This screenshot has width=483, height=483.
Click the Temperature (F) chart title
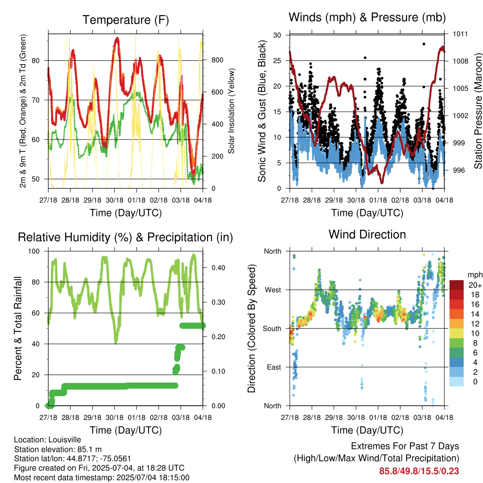(x=125, y=20)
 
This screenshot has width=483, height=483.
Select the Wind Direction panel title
(x=367, y=234)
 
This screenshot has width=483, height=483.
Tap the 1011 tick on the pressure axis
(x=460, y=34)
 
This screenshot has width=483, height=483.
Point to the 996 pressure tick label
(x=458, y=170)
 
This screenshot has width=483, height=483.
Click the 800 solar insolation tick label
(x=217, y=60)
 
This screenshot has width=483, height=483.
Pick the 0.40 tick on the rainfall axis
(x=218, y=268)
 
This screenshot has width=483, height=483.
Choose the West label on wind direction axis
(x=273, y=290)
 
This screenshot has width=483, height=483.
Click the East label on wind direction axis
(x=274, y=367)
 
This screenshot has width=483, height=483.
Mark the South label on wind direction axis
(x=272, y=329)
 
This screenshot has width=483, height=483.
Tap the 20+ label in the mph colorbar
(x=475, y=285)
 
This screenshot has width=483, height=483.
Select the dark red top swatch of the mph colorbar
(x=457, y=285)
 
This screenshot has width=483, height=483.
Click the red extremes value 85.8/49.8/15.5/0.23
(x=419, y=471)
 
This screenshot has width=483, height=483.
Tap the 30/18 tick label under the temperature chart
(x=115, y=200)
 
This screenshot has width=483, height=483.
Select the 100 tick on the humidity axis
(x=34, y=251)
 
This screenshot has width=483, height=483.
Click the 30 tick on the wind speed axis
(x=277, y=35)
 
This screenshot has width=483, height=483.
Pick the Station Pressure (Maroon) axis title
(x=478, y=111)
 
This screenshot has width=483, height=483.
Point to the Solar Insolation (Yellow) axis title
(x=231, y=111)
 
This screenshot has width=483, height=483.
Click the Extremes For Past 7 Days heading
(x=405, y=446)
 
